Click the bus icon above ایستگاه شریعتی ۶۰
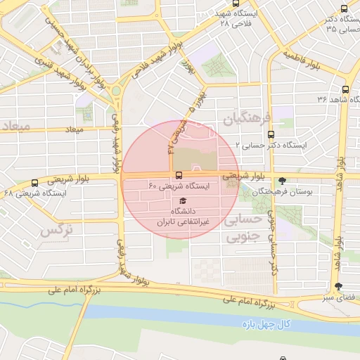point(179,174)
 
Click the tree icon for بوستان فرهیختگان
point(283,180)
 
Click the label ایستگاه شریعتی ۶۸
point(35,192)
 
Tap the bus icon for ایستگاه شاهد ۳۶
point(345,89)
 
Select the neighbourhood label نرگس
point(58,230)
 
